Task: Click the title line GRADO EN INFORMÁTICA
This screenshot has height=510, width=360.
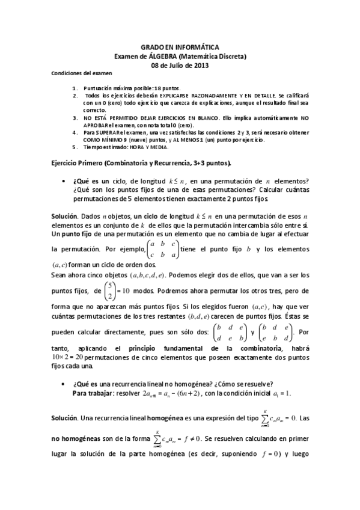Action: tap(180, 46)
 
